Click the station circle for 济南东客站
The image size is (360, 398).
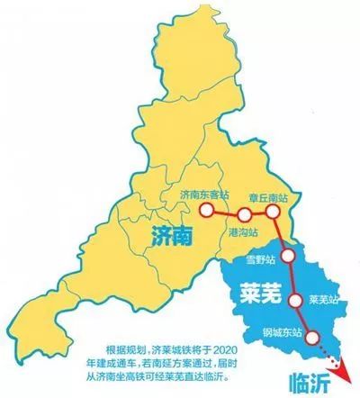click(208, 210)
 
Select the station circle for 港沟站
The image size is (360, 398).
click(243, 214)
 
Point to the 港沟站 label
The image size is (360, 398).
click(240, 232)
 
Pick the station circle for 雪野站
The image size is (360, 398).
click(287, 255)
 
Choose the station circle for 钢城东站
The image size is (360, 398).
click(312, 338)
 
